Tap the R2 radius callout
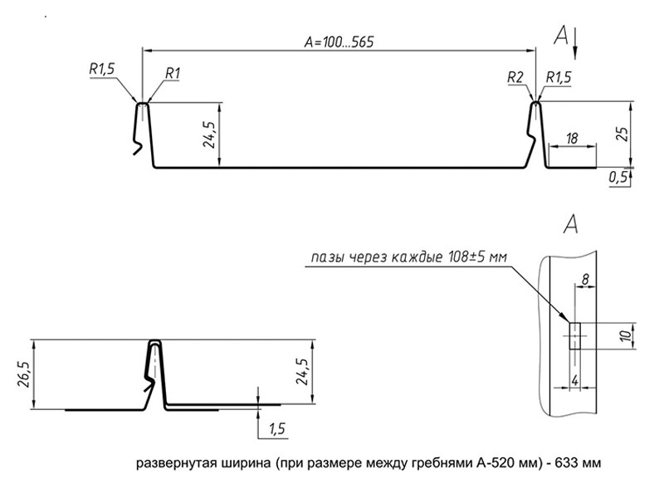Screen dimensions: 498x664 (515, 77)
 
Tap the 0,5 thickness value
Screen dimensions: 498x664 (617, 177)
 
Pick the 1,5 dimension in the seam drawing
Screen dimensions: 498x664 (276, 428)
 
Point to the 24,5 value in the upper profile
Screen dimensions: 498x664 (209, 134)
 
